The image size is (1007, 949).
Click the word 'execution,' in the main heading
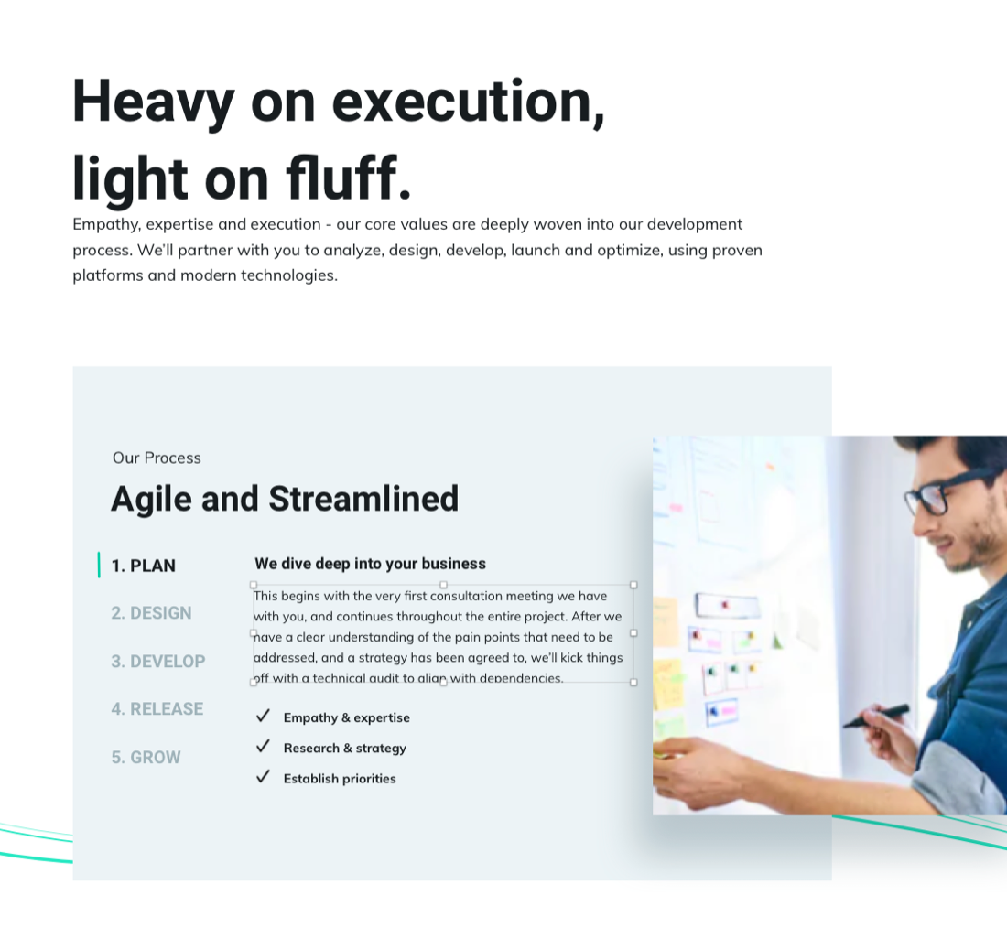click(468, 102)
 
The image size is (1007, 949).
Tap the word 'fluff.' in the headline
click(348, 178)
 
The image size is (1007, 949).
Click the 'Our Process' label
click(157, 458)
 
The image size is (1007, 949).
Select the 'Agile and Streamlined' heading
click(285, 499)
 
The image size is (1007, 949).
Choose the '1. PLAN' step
click(143, 566)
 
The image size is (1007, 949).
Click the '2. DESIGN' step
click(152, 613)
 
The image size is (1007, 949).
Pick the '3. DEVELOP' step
click(158, 662)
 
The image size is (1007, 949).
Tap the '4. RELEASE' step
click(157, 709)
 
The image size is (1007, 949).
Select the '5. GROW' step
click(146, 758)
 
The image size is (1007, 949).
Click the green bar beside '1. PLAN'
click(99, 565)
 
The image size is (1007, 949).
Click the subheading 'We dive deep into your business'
click(370, 564)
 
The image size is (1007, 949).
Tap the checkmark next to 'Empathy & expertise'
click(263, 716)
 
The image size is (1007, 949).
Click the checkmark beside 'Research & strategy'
click(263, 746)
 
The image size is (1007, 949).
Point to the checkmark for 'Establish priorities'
click(263, 777)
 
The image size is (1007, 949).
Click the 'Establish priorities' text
click(340, 779)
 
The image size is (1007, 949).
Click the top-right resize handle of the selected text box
click(633, 585)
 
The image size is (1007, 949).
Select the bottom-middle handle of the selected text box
click(443, 683)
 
